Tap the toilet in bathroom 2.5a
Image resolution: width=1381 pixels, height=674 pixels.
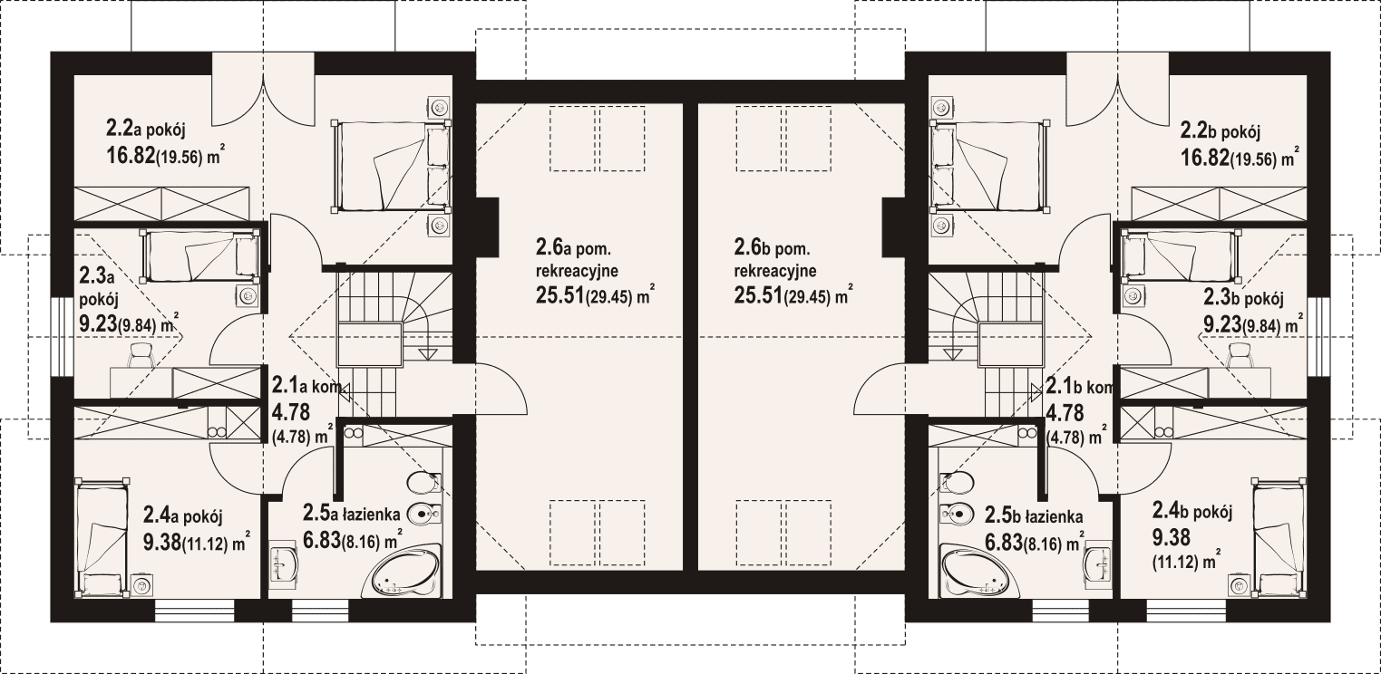pos(425,483)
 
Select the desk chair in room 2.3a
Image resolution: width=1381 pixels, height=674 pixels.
pos(142,355)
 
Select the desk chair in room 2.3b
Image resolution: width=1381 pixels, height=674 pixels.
pos(1240,355)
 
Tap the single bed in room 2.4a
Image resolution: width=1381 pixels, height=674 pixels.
pos(102,537)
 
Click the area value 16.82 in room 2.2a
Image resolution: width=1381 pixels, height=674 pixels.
pos(130,155)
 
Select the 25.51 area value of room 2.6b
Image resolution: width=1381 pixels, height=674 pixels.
pos(758,295)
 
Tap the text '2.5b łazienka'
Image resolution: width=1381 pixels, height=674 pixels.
pos(1034,515)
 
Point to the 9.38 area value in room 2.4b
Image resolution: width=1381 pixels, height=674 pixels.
pos(1172,537)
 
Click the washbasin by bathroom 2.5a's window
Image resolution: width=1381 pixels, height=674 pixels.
pos(283,563)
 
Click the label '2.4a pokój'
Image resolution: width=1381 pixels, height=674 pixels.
pos(183,515)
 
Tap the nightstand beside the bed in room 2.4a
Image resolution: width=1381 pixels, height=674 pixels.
pos(142,585)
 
